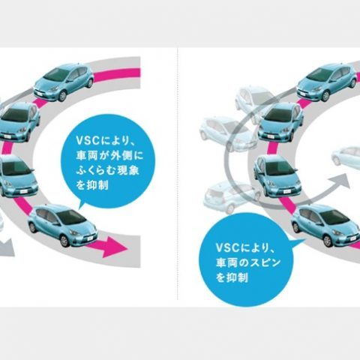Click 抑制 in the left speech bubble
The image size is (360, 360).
pyautogui.click(x=97, y=185)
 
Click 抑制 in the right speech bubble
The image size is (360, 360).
pyautogui.click(x=237, y=277)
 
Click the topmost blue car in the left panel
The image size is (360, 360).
pyautogui.click(x=64, y=82)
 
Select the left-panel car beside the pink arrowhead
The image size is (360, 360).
pyautogui.click(x=62, y=225)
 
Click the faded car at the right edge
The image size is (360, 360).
pyautogui.click(x=346, y=156)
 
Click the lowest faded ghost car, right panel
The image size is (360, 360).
pyautogui.click(x=231, y=197)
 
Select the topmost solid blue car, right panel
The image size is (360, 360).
pyautogui.click(x=327, y=82)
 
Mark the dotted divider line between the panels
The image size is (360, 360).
pyautogui.click(x=177, y=174)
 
